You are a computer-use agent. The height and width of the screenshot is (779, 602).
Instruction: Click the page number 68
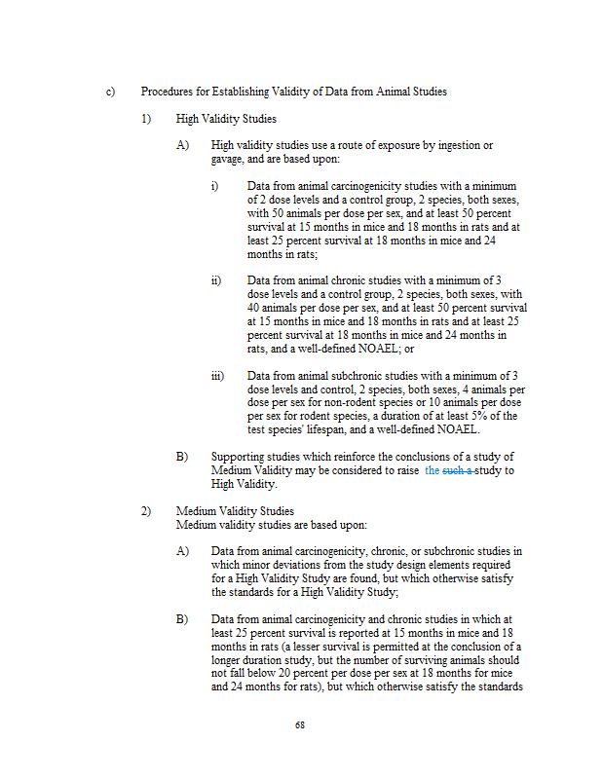pos(300,725)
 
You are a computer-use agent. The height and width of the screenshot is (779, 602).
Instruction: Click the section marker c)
pos(111,93)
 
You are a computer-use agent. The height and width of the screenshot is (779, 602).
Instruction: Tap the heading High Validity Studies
pos(226,119)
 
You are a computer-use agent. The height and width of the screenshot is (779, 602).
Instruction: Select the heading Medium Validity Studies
pos(235,511)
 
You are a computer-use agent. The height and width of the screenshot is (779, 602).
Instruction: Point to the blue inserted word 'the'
pos(433,470)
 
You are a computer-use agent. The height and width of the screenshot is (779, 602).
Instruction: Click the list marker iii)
pos(219,376)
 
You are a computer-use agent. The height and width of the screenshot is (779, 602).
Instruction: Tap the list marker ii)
pos(217,281)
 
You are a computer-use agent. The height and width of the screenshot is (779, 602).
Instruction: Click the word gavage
pos(229,159)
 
